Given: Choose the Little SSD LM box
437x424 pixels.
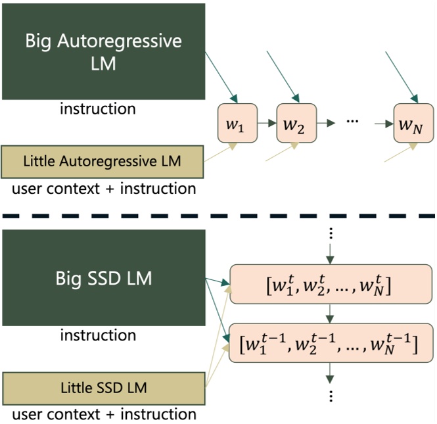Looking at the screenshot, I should (x=103, y=387).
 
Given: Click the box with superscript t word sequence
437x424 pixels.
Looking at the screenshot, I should (x=332, y=286).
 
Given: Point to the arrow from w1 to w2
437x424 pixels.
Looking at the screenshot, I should (x=266, y=123).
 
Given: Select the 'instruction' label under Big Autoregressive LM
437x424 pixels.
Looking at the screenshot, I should (x=98, y=108).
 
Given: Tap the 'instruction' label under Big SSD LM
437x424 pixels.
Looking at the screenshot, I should (x=98, y=335).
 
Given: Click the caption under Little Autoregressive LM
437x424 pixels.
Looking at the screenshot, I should (x=104, y=189).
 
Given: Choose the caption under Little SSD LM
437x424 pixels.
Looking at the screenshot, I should (x=104, y=414).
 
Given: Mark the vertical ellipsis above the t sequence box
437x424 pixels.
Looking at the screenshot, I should (x=331, y=233).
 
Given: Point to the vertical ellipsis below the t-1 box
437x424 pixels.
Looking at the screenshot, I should (x=331, y=396).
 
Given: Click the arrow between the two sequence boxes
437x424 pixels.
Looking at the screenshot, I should (x=331, y=315).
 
